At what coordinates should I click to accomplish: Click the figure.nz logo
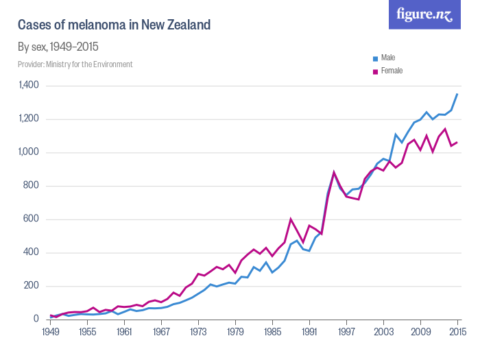click(x=424, y=14)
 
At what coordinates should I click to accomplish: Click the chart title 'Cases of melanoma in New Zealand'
click(x=114, y=25)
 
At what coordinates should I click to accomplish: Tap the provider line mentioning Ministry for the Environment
click(x=75, y=64)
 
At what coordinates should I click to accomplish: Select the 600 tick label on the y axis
click(x=32, y=219)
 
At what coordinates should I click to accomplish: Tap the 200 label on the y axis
click(x=32, y=286)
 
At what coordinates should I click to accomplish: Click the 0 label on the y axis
click(x=36, y=320)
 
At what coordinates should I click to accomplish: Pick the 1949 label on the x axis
click(x=50, y=332)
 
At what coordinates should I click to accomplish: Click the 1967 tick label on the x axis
click(x=161, y=332)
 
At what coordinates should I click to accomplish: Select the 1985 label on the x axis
click(x=272, y=332)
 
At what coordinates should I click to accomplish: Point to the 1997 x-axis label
click(x=346, y=332)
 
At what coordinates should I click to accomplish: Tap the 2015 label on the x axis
click(x=457, y=332)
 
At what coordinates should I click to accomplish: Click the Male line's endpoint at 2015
click(x=457, y=94)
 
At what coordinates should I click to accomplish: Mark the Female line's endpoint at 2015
click(x=457, y=142)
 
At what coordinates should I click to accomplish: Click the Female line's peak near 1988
click(x=291, y=219)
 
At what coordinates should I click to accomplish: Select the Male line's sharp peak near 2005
click(x=396, y=134)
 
